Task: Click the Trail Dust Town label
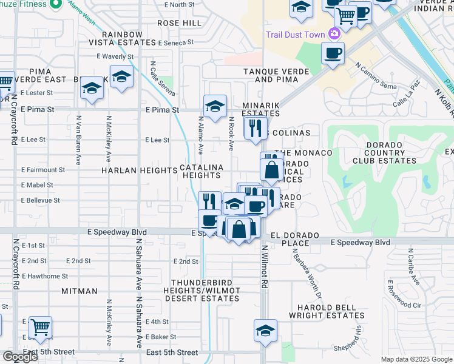(295, 35)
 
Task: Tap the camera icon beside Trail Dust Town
(334, 34)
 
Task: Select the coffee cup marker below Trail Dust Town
(333, 54)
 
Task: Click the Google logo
(20, 357)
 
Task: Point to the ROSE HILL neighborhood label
(179, 23)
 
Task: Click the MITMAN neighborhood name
(79, 291)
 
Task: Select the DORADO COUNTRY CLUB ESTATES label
(385, 153)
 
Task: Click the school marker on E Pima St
(215, 107)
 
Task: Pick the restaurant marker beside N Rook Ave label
(255, 128)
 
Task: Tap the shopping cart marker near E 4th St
(40, 328)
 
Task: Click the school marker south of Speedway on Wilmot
(265, 331)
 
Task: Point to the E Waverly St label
(115, 56)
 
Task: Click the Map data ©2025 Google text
(416, 359)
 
